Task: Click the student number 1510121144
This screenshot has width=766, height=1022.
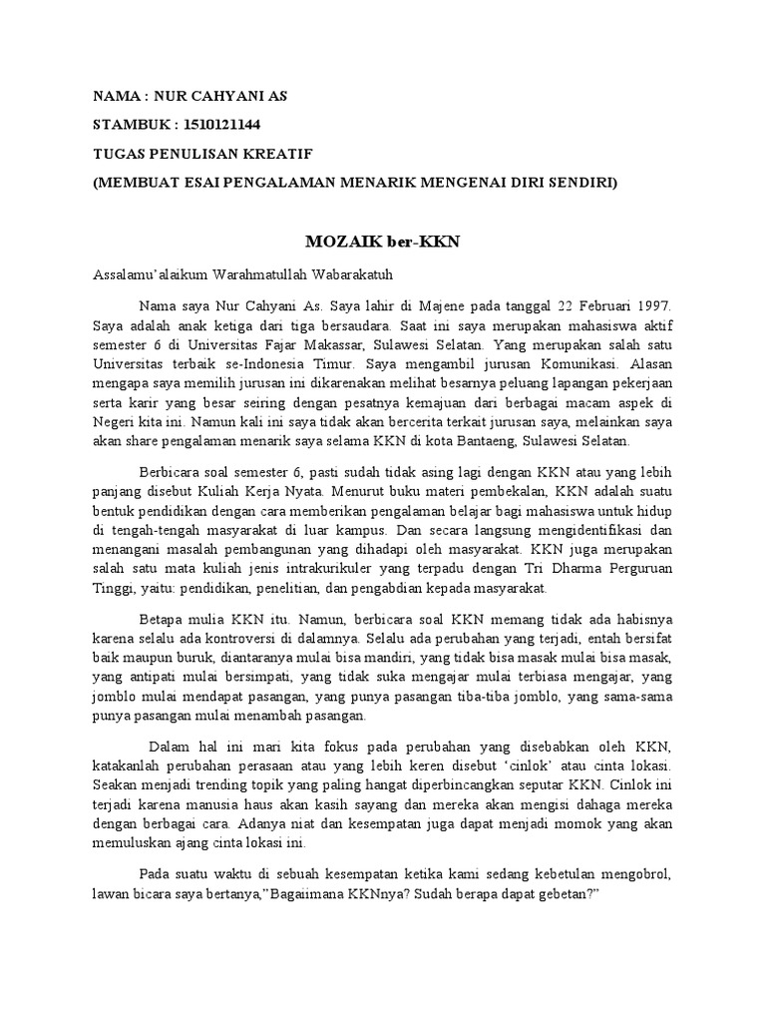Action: click(x=231, y=125)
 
